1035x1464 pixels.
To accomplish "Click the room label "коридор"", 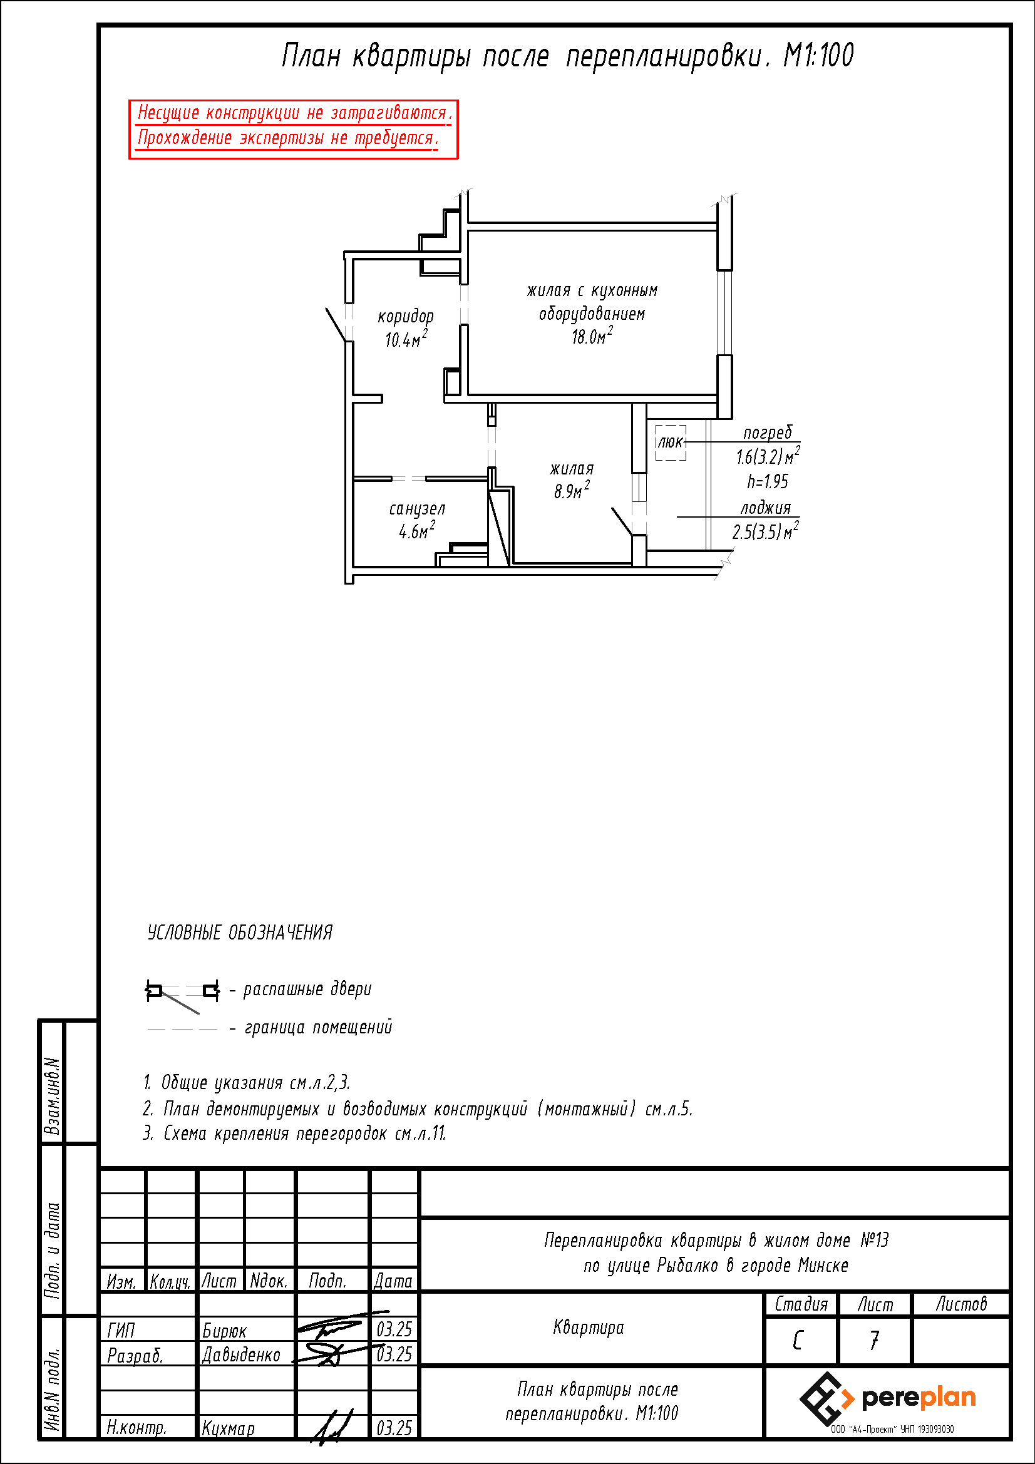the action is coord(406,317).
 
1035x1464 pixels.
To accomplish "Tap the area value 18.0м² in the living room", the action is coord(592,336).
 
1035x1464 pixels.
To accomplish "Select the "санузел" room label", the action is coord(417,509).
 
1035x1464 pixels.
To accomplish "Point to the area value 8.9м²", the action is coord(572,491).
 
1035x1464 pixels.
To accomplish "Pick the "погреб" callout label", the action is coord(767,433).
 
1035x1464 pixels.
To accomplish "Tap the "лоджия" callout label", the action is coord(765,508).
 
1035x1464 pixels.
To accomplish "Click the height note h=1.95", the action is coord(768,481).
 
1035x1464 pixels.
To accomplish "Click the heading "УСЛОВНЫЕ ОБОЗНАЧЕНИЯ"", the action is coord(240,933).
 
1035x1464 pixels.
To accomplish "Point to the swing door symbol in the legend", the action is coord(182,993).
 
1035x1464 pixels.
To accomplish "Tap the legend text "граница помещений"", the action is coord(318,1028).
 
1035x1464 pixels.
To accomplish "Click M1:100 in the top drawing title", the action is coord(818,56).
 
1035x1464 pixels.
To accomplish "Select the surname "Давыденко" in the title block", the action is coord(241,1354).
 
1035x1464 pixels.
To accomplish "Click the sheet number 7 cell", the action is coord(874,1341).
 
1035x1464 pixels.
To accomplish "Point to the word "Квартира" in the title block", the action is coord(589,1328).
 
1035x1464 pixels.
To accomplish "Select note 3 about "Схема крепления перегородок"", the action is coord(294,1133).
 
